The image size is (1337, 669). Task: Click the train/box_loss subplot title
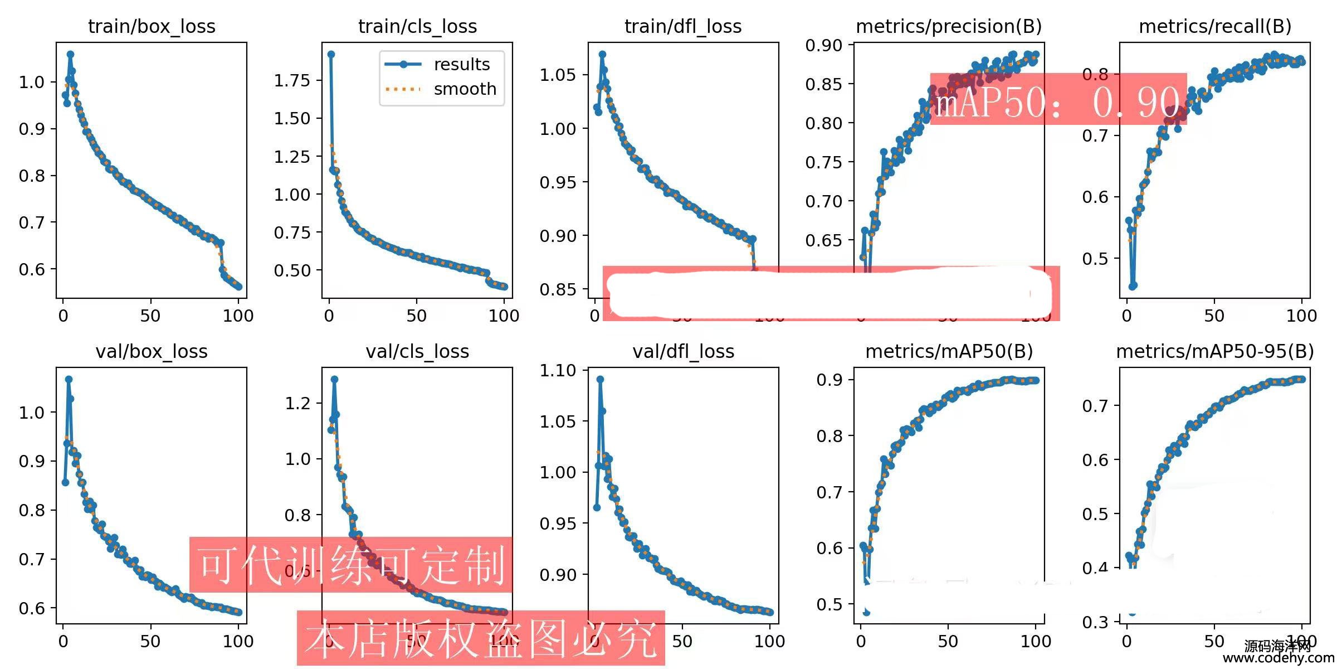pos(152,26)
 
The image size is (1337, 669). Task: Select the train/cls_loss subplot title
pos(417,26)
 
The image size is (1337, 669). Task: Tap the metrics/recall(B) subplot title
pos(1214,26)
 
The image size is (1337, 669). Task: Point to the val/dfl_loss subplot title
pos(683,351)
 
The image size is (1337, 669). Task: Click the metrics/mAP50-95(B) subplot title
pos(1214,351)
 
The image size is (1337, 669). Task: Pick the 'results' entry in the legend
pos(462,64)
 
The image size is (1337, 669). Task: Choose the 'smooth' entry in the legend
pos(465,89)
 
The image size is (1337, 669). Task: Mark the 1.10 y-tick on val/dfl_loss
pos(557,370)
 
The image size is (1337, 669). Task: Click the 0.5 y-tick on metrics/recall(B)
pos(1094,259)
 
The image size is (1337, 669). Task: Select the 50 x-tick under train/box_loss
pos(150,316)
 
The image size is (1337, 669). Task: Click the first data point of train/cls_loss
pos(331,54)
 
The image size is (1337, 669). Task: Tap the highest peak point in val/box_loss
pos(69,379)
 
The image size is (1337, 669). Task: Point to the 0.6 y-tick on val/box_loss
pos(32,608)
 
